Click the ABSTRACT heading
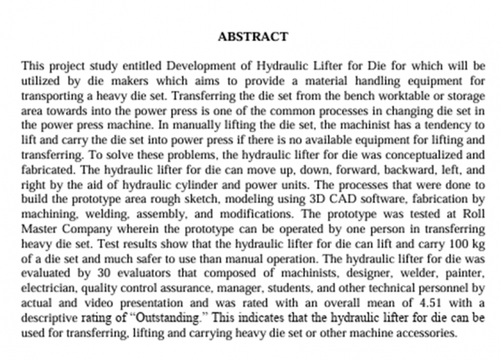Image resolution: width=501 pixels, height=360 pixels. [x=252, y=37]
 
